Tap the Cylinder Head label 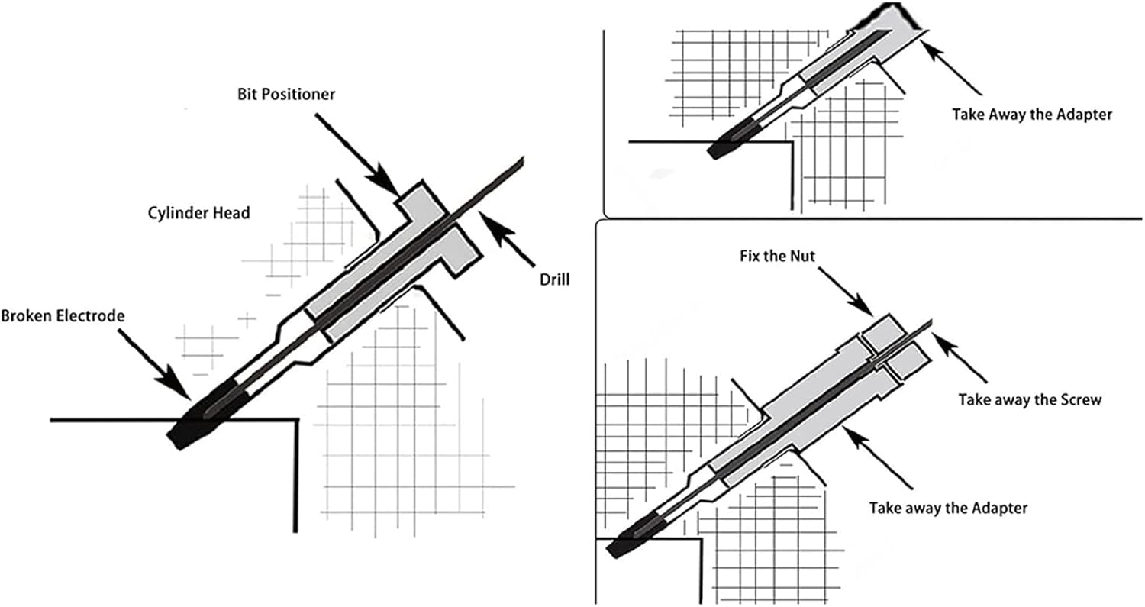click(198, 213)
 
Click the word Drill click(549, 279)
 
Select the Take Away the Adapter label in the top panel click(1031, 115)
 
